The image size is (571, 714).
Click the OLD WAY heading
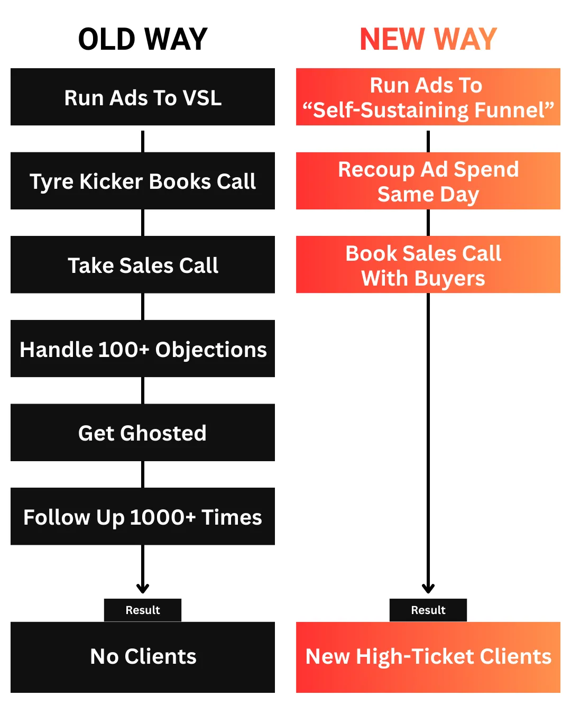pos(143,39)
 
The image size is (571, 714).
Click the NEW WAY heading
pos(428,39)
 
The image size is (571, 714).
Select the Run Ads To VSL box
pos(143,97)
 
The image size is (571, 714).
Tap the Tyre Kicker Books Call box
pos(143,181)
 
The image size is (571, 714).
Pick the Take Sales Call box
pos(143,265)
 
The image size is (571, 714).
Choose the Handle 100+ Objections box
pos(143,349)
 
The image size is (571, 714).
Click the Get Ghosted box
pos(143,433)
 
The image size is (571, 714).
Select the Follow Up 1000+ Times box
pos(143,517)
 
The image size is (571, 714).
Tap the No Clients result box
pos(143,657)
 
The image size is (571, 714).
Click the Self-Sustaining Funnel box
pos(428,97)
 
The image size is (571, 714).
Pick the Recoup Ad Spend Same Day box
pos(428,181)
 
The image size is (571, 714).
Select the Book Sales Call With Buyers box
pos(428,265)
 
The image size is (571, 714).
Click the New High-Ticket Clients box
pos(428,657)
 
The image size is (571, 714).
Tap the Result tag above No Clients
pos(143,610)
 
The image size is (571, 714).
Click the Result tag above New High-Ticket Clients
pos(428,610)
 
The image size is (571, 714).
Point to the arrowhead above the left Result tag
pos(143,588)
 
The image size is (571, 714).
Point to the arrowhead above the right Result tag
pos(428,588)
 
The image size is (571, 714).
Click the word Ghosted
pos(163,433)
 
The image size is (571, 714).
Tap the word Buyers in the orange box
pos(450,279)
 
